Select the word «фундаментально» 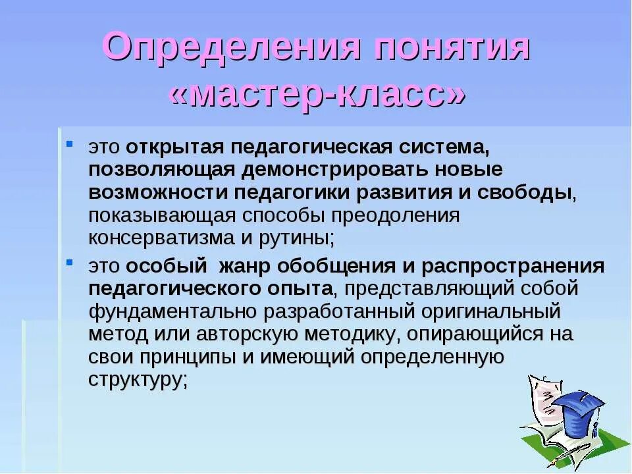click(171, 311)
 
